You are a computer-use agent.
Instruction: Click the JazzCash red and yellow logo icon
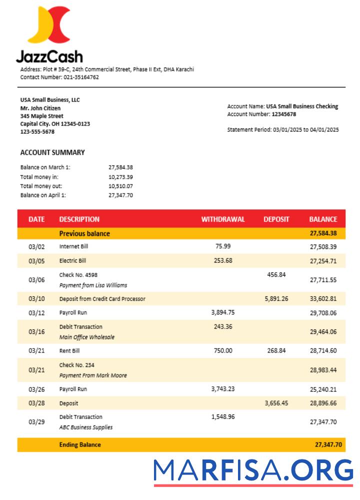[x=49, y=25]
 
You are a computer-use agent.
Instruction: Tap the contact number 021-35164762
[x=81, y=77]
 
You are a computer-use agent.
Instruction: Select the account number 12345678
[x=283, y=114]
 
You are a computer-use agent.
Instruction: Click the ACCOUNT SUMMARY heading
[x=52, y=152]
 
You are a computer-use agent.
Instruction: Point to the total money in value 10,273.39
[x=120, y=177]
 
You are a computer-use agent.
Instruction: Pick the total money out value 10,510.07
[x=120, y=186]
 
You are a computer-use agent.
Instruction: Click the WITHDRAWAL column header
[x=223, y=219]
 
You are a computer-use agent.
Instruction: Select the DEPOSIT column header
[x=276, y=219]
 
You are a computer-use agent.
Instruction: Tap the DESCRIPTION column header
[x=79, y=219]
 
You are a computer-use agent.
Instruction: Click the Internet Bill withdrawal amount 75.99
[x=223, y=246]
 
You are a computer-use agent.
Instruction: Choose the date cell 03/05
[x=36, y=261]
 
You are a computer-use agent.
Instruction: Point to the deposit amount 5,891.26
[x=276, y=298]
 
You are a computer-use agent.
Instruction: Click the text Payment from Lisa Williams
[x=93, y=285]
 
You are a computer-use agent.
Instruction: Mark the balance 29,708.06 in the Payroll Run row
[x=323, y=313]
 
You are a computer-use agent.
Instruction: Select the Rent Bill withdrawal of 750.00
[x=223, y=350]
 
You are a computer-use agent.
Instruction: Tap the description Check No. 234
[x=76, y=365]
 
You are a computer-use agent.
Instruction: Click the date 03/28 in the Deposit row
[x=36, y=403]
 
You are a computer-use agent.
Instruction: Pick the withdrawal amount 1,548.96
[x=223, y=416]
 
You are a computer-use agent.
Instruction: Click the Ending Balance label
[x=80, y=444]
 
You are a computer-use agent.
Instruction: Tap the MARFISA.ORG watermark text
[x=253, y=471]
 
